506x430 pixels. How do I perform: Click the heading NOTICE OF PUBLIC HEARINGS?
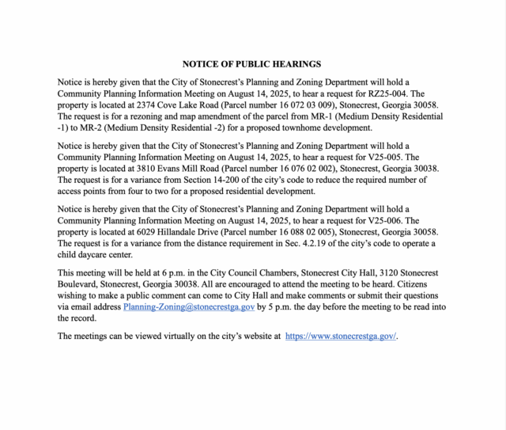pos(251,64)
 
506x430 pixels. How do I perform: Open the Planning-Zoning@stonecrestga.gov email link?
pos(189,306)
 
